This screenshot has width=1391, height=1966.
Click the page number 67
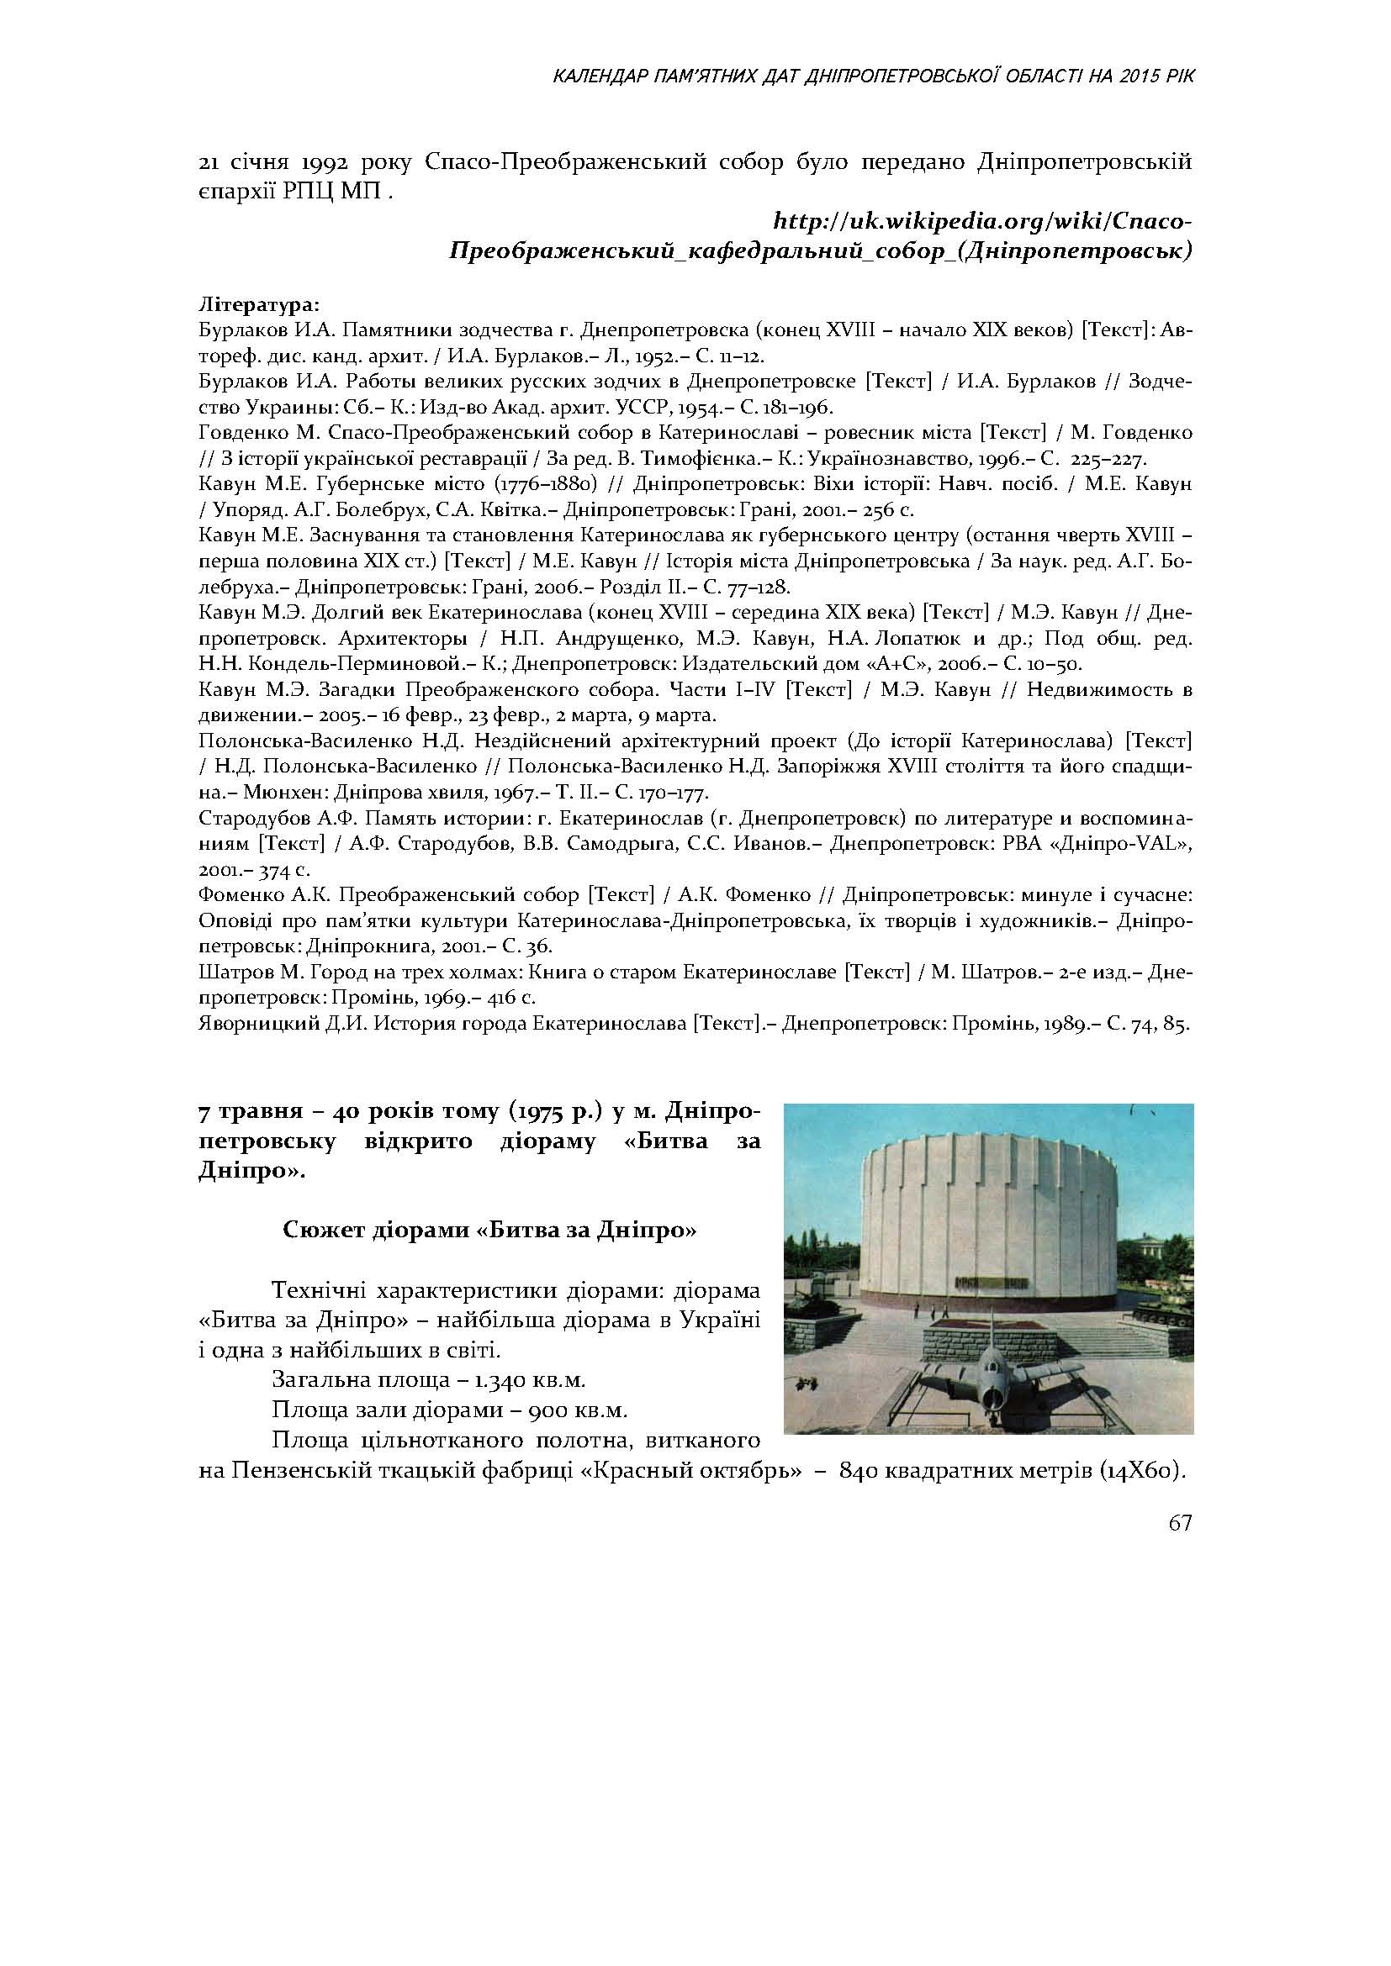pos(1179,1523)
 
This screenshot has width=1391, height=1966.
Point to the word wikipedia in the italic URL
pos(938,223)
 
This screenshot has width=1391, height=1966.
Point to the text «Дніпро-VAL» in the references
pos(1135,843)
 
